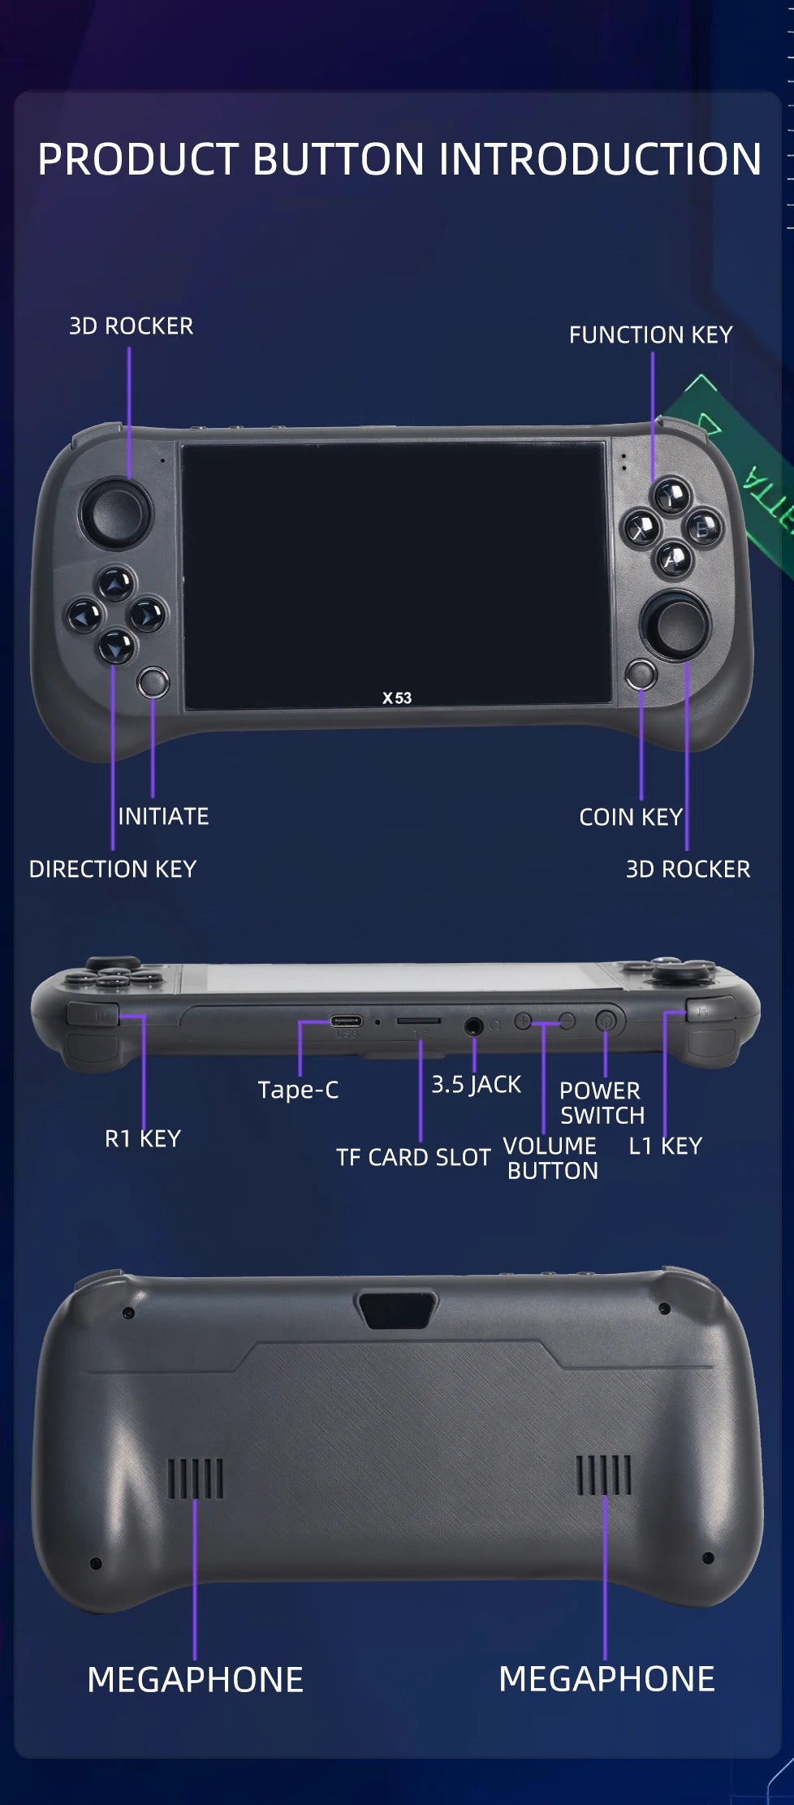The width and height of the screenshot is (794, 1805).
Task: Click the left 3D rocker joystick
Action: [x=114, y=512]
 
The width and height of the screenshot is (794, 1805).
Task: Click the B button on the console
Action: [x=703, y=528]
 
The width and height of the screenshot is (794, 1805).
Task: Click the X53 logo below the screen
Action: [x=397, y=697]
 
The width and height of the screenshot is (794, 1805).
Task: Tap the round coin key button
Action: [x=641, y=674]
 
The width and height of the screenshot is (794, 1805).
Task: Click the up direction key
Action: [x=116, y=582]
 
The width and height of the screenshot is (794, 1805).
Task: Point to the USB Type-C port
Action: [x=346, y=1021]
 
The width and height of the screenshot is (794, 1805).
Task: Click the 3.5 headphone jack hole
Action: [x=474, y=1027]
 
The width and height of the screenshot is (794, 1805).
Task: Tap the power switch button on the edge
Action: [x=606, y=1021]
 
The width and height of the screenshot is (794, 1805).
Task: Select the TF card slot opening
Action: [x=419, y=1021]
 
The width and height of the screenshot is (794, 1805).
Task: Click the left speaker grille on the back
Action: [x=195, y=1478]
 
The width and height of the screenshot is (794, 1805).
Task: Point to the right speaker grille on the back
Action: [x=604, y=1475]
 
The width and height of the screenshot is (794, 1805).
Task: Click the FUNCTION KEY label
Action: [x=650, y=335]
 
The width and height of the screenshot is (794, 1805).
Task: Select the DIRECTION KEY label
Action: [x=113, y=869]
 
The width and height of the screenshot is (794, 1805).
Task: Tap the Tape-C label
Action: [x=298, y=1090]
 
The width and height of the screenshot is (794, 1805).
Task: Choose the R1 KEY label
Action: [x=143, y=1138]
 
